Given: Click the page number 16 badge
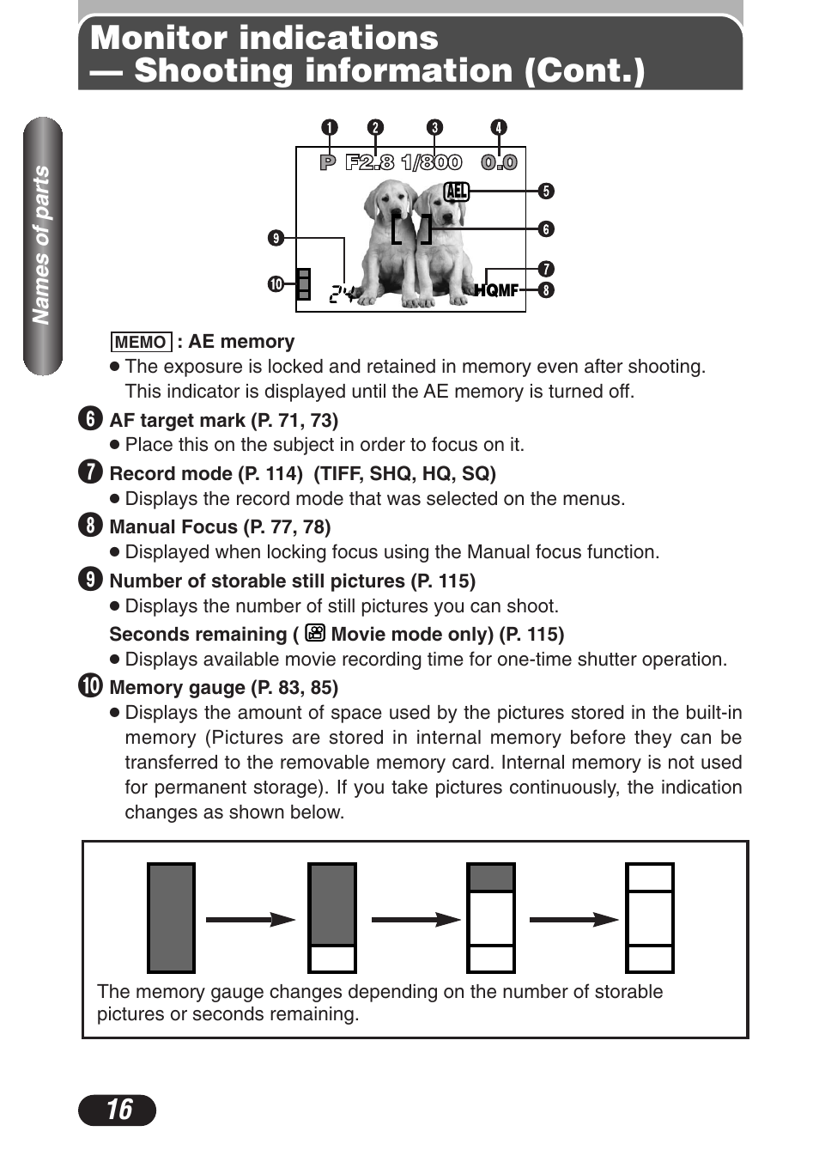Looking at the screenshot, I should pyautogui.click(x=117, y=1110).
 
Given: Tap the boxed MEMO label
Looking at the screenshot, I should pyautogui.click(x=141, y=342).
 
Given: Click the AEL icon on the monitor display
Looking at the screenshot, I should pyautogui.click(x=457, y=191).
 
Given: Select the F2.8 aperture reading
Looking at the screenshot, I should pyautogui.click(x=369, y=162).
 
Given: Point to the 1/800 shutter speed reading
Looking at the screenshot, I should pyautogui.click(x=431, y=162).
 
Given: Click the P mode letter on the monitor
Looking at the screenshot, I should pyautogui.click(x=327, y=162).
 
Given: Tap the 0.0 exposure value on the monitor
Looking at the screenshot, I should pyautogui.click(x=499, y=162).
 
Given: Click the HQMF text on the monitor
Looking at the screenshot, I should pyautogui.click(x=496, y=290).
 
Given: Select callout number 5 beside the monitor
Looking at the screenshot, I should pyautogui.click(x=546, y=191).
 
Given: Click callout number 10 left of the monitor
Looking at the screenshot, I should pyautogui.click(x=276, y=283).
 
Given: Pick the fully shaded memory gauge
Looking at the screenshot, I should pyautogui.click(x=171, y=917).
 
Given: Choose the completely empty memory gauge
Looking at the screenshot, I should pyautogui.click(x=650, y=917).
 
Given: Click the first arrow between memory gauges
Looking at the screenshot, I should pyautogui.click(x=250, y=919).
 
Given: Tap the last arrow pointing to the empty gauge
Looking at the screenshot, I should pyautogui.click(x=573, y=919).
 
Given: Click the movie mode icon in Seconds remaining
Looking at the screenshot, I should pyautogui.click(x=315, y=634).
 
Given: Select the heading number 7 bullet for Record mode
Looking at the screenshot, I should pyautogui.click(x=90, y=472).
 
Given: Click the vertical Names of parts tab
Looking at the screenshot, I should pyautogui.click(x=42, y=246).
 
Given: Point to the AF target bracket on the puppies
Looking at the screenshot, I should pyautogui.click(x=411, y=229).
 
